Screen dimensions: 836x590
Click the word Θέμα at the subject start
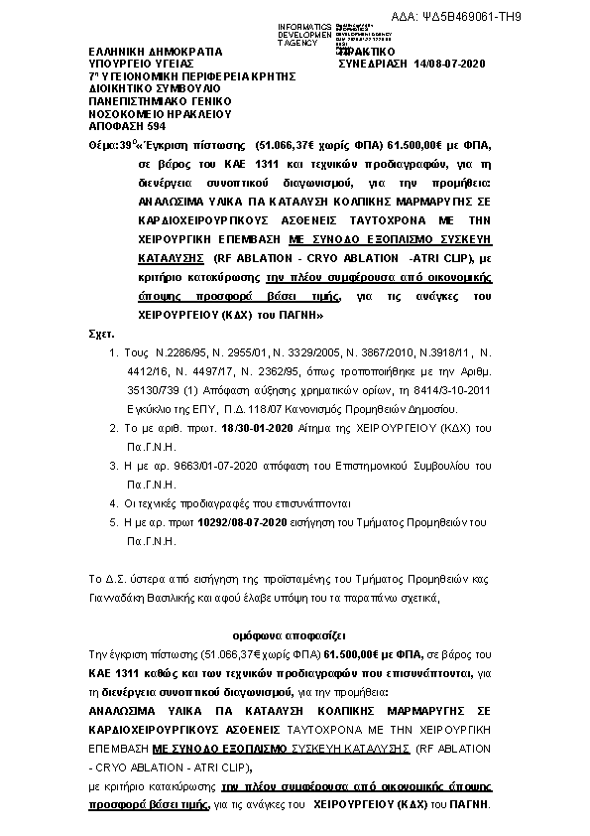(103, 145)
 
